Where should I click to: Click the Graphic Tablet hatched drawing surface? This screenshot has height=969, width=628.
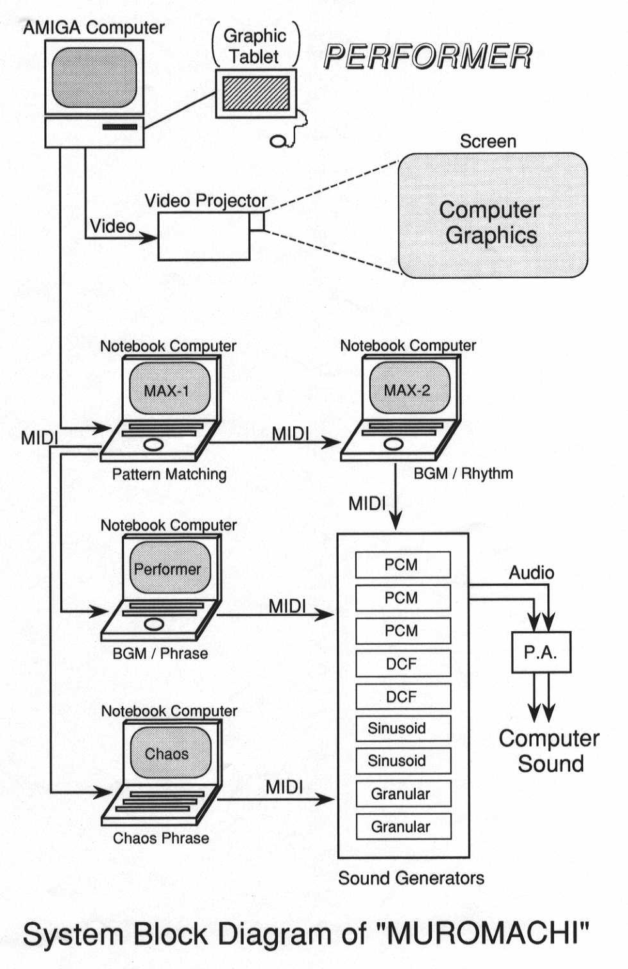pos(255,94)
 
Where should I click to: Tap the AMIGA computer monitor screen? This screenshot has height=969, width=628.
pos(94,78)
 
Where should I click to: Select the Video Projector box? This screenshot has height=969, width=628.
pos(203,237)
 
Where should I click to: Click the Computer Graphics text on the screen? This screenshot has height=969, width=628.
pos(491,222)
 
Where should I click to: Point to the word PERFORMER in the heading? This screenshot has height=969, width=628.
pos(428,56)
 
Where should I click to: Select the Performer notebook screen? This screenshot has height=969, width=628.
pos(169,568)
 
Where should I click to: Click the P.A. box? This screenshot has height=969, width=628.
pos(540,652)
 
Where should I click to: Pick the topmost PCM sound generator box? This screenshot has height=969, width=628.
pos(402,565)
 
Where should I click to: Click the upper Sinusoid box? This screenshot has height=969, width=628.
pos(402,728)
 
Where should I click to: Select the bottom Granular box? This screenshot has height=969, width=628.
pos(402,827)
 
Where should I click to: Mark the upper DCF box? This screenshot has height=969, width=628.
pos(402,663)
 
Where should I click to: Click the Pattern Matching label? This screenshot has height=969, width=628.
pos(169,474)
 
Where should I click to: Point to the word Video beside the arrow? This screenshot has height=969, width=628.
pos(112,226)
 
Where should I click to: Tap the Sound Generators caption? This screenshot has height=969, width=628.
pos(411,878)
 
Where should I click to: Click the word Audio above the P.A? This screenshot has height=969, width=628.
pos(531,573)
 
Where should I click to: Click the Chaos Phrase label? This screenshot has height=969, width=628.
pos(161,838)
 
